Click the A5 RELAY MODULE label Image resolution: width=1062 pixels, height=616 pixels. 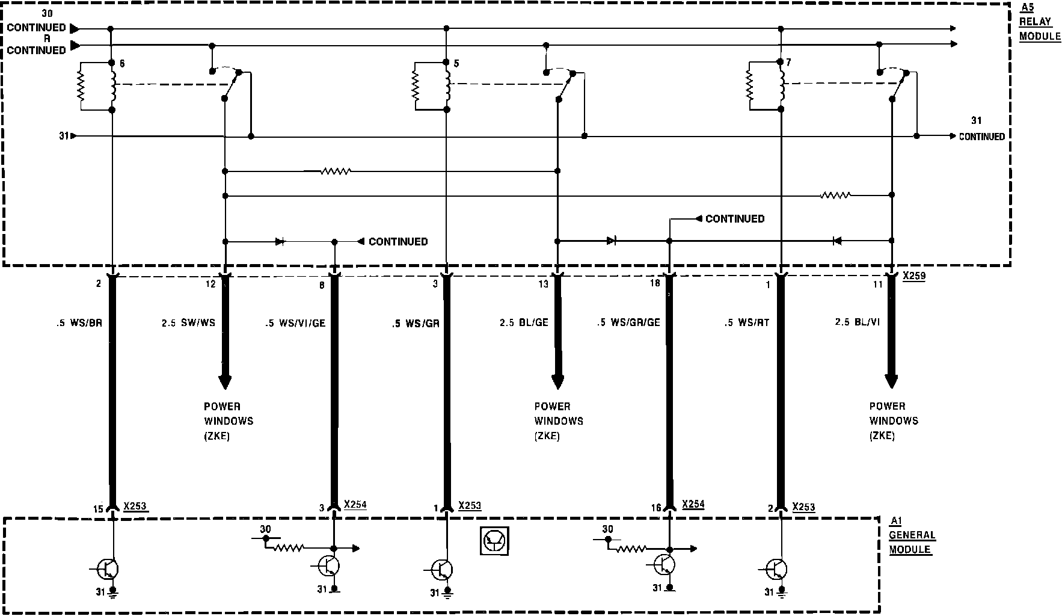click(x=1039, y=22)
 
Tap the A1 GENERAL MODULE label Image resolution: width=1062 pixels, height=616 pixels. click(x=912, y=535)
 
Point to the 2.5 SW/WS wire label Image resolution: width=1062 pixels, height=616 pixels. click(x=188, y=323)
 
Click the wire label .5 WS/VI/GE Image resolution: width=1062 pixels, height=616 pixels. click(x=295, y=323)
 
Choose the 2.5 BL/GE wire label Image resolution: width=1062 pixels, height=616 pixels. click(x=524, y=322)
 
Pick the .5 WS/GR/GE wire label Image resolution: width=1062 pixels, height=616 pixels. click(x=628, y=322)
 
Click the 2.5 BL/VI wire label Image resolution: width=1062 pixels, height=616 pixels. click(x=857, y=322)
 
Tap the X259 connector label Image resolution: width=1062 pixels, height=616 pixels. click(x=913, y=276)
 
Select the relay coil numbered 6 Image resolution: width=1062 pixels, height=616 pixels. click(x=112, y=86)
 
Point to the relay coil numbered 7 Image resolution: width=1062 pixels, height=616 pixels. click(x=781, y=86)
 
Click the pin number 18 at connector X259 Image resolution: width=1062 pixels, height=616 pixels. click(x=655, y=283)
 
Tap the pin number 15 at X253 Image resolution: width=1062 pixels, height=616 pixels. click(x=98, y=510)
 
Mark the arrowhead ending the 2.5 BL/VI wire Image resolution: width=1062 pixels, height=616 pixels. click(x=891, y=381)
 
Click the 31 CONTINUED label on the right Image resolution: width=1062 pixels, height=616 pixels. click(x=981, y=131)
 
